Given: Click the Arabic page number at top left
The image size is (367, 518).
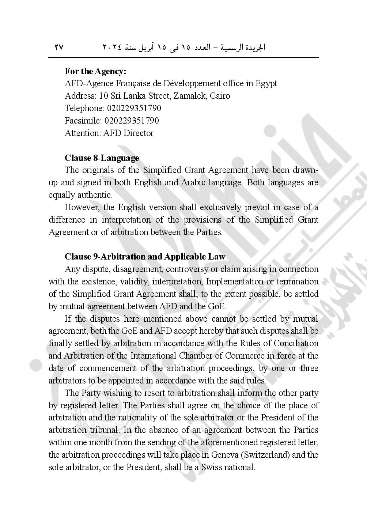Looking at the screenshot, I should click(x=59, y=47).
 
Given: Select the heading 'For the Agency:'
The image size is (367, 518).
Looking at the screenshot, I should click(x=95, y=71).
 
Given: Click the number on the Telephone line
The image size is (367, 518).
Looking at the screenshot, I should click(x=134, y=108).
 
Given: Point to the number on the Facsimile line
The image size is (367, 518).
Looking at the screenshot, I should click(x=132, y=121).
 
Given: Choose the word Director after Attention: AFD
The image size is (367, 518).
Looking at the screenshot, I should click(x=139, y=133).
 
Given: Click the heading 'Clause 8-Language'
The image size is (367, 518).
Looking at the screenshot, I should click(x=102, y=158).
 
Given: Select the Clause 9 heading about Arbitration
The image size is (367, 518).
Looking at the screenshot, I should click(x=145, y=257).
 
